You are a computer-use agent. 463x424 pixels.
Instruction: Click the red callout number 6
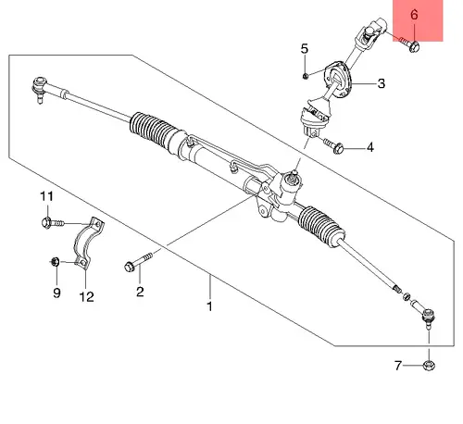click(x=414, y=15)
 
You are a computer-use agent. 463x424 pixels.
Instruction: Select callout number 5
click(x=305, y=49)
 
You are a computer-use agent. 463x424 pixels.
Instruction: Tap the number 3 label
click(x=382, y=83)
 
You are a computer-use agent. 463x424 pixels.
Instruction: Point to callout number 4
click(x=370, y=147)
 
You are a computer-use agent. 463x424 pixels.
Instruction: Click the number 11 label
click(x=46, y=196)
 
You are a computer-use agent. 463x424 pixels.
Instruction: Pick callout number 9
click(x=56, y=293)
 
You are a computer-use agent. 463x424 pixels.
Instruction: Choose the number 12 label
click(x=86, y=297)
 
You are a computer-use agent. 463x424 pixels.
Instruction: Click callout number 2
click(x=140, y=292)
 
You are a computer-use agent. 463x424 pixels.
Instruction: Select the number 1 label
click(x=209, y=306)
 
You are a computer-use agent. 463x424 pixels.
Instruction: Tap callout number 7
click(x=398, y=366)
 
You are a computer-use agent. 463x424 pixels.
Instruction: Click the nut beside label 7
click(x=429, y=366)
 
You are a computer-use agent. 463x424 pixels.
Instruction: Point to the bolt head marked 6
click(x=414, y=46)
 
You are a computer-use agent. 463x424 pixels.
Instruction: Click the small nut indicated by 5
click(x=305, y=76)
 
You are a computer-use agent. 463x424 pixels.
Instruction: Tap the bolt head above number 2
click(x=130, y=267)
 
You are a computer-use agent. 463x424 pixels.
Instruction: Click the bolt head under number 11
click(x=46, y=222)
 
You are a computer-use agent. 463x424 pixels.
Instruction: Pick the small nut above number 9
click(x=55, y=262)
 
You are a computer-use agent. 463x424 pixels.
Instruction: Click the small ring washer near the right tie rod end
click(x=407, y=296)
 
